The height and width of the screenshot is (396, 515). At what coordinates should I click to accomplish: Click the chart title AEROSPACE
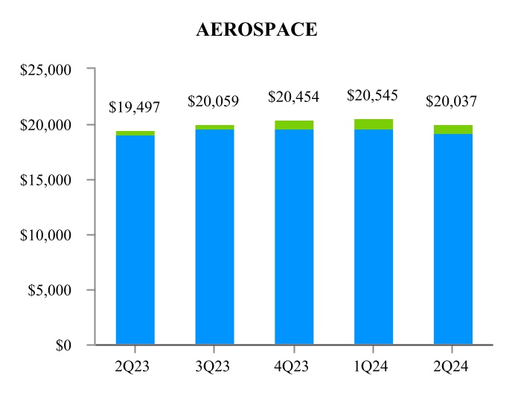(257, 30)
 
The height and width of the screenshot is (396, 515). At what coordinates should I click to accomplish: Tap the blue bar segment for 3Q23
(214, 237)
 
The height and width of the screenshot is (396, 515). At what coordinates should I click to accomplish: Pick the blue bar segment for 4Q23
(294, 237)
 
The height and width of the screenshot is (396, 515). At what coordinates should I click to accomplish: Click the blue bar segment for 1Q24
(374, 237)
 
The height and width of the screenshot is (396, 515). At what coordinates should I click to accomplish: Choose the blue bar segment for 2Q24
(453, 239)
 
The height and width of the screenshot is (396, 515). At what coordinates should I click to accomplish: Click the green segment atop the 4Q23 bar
(294, 125)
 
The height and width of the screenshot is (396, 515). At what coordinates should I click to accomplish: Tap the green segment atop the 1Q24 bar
(374, 124)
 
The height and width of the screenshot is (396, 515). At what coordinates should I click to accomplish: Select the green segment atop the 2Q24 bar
(453, 130)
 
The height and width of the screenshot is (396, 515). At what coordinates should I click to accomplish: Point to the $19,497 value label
(135, 107)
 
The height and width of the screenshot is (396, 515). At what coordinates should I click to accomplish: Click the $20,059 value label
(214, 100)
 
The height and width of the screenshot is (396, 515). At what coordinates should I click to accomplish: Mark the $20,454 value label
(294, 98)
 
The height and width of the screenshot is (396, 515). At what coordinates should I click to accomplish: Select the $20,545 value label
(374, 95)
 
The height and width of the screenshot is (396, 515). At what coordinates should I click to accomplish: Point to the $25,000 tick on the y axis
(55, 70)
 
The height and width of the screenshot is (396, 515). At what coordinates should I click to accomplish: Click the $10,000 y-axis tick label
(55, 235)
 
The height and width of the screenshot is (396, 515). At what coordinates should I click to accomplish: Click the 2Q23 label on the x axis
(135, 367)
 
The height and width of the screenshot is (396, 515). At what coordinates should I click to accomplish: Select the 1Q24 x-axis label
(374, 367)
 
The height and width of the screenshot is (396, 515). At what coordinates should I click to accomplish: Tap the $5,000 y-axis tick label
(58, 290)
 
